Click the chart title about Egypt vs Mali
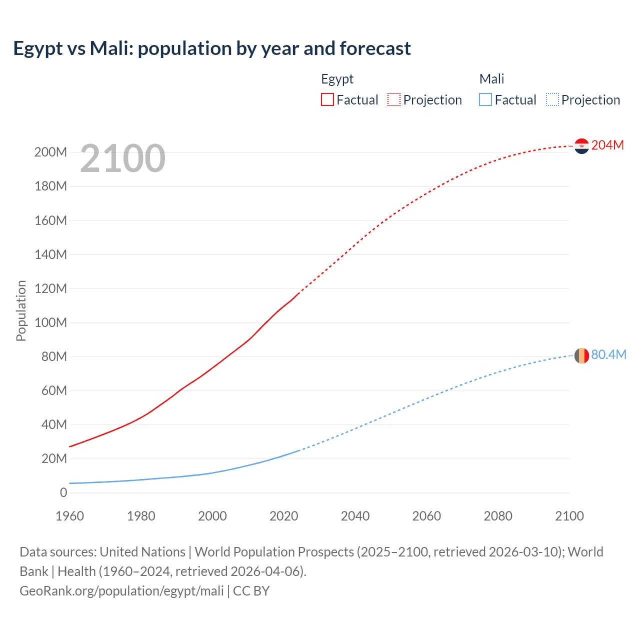click(x=212, y=48)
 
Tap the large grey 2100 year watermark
click(x=122, y=158)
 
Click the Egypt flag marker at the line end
click(x=581, y=146)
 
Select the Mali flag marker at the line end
click(x=581, y=355)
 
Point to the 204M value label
click(x=607, y=145)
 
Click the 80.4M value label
click(x=608, y=354)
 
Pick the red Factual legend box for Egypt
click(x=327, y=100)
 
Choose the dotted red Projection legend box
click(x=394, y=100)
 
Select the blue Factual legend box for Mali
click(x=485, y=100)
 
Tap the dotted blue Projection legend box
click(x=552, y=100)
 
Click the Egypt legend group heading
click(x=337, y=79)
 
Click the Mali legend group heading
click(x=491, y=79)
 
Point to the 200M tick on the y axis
click(x=50, y=152)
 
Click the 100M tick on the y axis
click(x=50, y=322)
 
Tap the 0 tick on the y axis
click(x=63, y=492)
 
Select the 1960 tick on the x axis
click(x=69, y=516)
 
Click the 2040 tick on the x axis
click(x=355, y=516)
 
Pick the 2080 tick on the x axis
click(x=498, y=516)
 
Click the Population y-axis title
click(x=21, y=310)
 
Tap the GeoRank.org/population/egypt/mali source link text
click(x=121, y=591)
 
